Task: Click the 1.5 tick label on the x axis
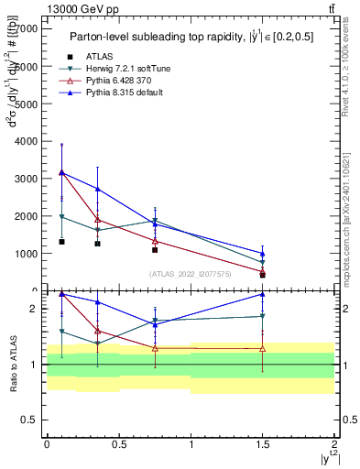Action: click(263, 443)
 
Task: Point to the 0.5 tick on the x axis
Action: click(119, 443)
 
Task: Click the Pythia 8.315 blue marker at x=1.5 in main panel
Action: click(263, 254)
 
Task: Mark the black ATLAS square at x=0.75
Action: click(155, 250)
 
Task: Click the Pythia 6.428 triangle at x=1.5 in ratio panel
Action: click(263, 349)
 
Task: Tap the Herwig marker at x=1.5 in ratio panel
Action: click(263, 316)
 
